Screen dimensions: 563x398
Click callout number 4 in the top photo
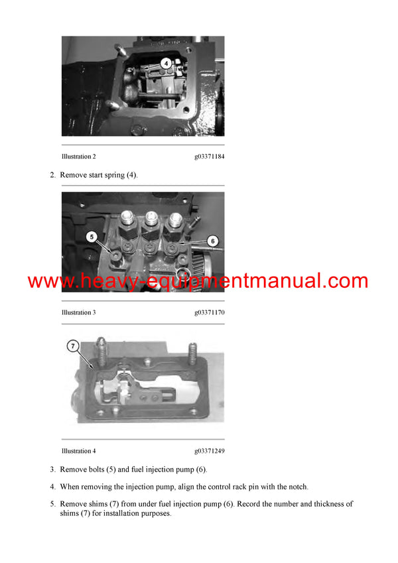click(x=166, y=64)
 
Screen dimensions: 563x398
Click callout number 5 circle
click(x=91, y=235)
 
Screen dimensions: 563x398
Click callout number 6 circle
click(x=212, y=241)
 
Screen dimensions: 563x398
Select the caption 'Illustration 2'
click(x=78, y=156)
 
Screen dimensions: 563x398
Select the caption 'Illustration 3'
click(x=78, y=312)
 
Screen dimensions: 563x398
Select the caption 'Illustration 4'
click(x=78, y=451)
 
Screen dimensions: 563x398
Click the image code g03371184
click(x=209, y=156)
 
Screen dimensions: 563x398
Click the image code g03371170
click(x=209, y=312)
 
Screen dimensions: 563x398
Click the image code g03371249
click(x=209, y=451)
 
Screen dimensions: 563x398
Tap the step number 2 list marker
click(x=52, y=175)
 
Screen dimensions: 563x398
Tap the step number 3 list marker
click(x=52, y=469)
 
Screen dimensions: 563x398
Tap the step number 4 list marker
click(x=52, y=487)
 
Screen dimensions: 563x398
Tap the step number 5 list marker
click(x=52, y=504)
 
